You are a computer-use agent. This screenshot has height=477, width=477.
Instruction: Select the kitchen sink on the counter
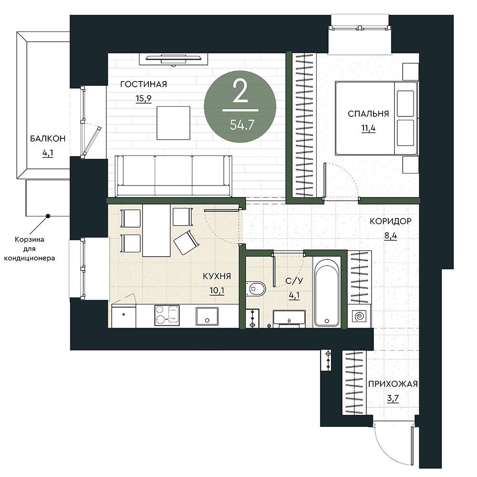[x=207, y=317]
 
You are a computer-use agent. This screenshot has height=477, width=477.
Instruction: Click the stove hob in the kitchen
[x=167, y=315]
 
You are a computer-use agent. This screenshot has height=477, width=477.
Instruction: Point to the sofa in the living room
[x=174, y=176]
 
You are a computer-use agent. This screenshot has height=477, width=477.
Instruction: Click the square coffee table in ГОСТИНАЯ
[x=174, y=123]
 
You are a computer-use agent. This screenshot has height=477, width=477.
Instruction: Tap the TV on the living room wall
[x=174, y=59]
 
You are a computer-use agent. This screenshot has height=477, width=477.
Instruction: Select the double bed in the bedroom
[x=376, y=118]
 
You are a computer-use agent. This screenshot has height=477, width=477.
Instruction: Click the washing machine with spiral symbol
[x=359, y=316]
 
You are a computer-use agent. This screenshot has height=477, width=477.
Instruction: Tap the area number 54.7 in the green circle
[x=242, y=124]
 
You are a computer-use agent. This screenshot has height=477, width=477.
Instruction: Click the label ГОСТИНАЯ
[x=144, y=84]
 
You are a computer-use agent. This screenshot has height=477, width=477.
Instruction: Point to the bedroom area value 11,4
[x=368, y=128]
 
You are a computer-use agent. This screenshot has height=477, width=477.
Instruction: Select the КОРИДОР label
[x=390, y=221]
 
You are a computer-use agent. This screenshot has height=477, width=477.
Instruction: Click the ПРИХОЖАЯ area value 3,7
[x=393, y=398]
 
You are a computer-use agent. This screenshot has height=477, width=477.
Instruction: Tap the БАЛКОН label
[x=48, y=139]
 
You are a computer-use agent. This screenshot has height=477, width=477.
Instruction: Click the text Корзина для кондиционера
[x=30, y=249]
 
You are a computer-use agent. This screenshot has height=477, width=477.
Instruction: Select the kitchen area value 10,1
[x=217, y=291]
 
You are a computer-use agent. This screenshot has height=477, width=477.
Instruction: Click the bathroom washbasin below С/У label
[x=289, y=319]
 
